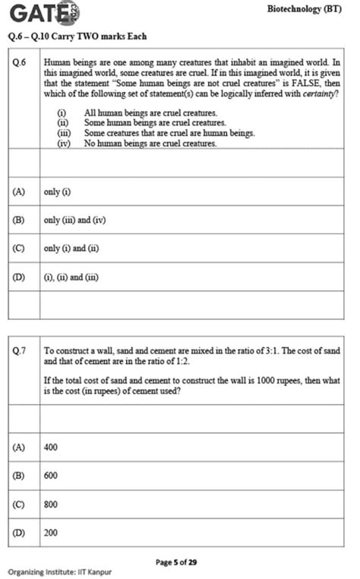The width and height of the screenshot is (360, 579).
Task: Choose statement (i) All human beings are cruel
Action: pyautogui.click(x=150, y=112)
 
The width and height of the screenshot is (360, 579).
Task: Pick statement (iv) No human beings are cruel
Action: pyautogui.click(x=150, y=142)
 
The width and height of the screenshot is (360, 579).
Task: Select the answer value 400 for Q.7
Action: pyautogui.click(x=51, y=448)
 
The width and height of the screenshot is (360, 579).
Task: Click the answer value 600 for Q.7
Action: pyautogui.click(x=51, y=476)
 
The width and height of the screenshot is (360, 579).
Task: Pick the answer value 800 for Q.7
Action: pyautogui.click(x=51, y=504)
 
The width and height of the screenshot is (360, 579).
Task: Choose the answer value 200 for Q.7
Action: pyautogui.click(x=51, y=533)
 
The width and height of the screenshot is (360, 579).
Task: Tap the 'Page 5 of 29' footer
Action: pyautogui.click(x=176, y=562)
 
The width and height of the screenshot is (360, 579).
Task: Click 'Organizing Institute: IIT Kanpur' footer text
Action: pyautogui.click(x=59, y=571)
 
